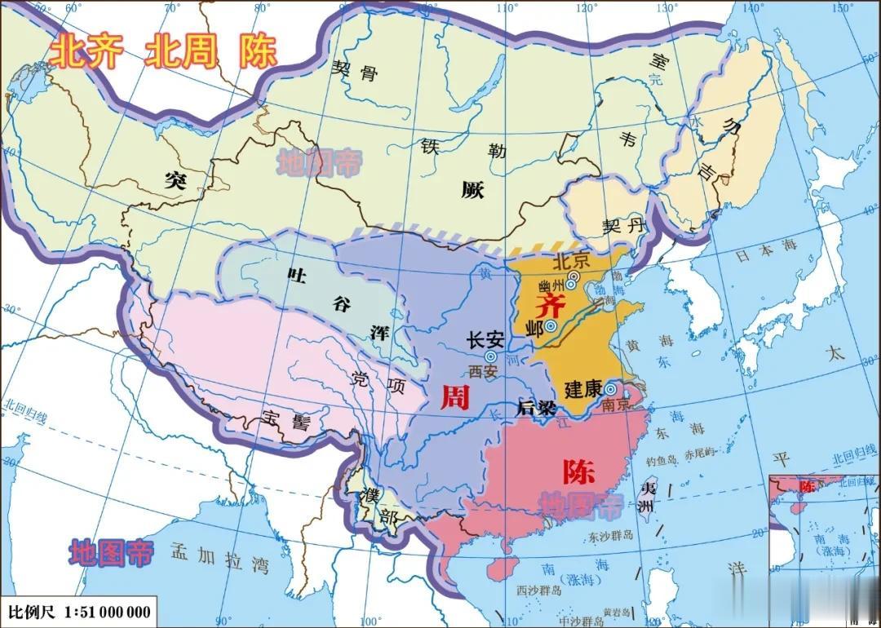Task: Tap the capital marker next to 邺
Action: (x=551, y=326)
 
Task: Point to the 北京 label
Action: (x=571, y=263)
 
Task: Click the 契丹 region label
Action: (x=623, y=226)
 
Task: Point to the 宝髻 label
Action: (x=286, y=421)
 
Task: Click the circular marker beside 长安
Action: (x=490, y=356)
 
